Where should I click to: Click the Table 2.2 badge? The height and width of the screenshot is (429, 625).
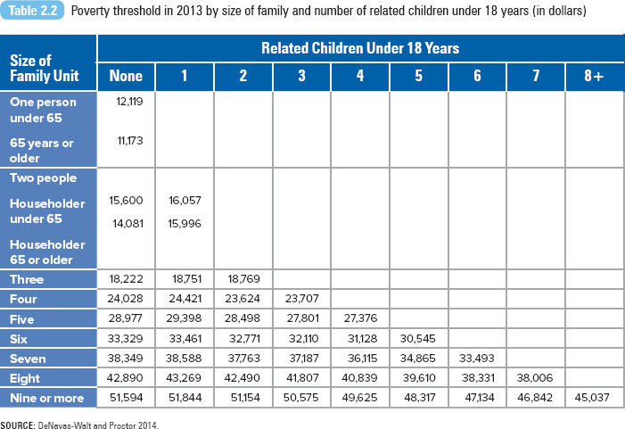(32, 11)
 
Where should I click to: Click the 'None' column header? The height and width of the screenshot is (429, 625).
(126, 76)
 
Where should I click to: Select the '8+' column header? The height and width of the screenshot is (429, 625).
(594, 76)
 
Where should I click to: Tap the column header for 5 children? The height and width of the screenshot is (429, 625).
(418, 76)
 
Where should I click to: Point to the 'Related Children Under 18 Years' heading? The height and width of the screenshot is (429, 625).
(360, 48)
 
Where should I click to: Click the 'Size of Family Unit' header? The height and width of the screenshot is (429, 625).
(45, 68)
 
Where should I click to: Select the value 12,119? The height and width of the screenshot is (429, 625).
(129, 102)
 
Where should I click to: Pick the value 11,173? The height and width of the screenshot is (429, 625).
(130, 141)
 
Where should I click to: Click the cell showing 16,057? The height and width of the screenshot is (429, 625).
(185, 200)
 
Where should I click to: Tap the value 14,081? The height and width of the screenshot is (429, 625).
(128, 224)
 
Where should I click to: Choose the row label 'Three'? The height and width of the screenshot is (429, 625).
(27, 279)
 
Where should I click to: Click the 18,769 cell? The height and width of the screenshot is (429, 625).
(243, 278)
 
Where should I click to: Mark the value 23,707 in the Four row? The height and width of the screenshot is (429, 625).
(301, 299)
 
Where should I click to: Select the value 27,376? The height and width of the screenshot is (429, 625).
(360, 318)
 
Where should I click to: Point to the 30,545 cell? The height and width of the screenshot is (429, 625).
(418, 339)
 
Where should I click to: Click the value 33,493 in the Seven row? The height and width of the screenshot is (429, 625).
(476, 358)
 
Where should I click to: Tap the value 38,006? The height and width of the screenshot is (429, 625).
(535, 377)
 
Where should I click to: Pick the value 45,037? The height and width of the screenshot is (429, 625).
(592, 398)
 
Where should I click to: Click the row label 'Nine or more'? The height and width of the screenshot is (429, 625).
(47, 399)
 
